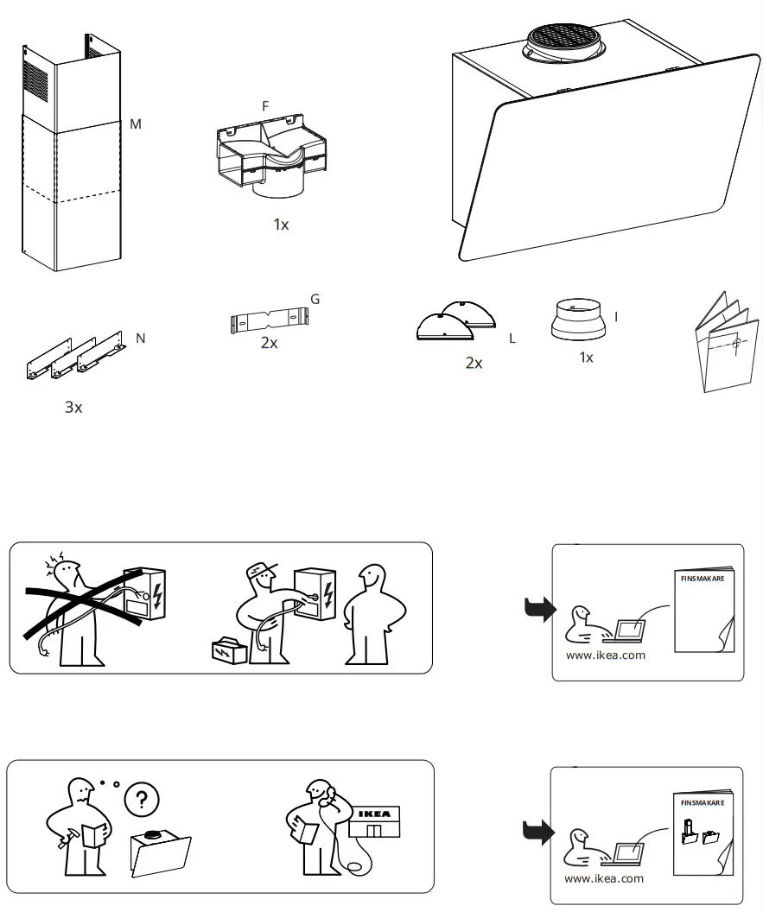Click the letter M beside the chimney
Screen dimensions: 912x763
(x=136, y=124)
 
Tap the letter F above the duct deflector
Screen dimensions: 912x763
(x=265, y=105)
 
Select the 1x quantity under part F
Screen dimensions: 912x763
(x=281, y=225)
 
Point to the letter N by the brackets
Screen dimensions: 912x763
(x=141, y=339)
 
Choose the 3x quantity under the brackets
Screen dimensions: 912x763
(x=73, y=407)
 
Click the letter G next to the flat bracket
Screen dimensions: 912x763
(x=315, y=300)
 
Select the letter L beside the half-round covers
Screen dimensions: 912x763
(x=512, y=339)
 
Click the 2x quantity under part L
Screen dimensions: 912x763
(x=474, y=364)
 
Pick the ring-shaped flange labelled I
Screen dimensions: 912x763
(x=577, y=320)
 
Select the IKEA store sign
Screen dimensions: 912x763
(x=374, y=814)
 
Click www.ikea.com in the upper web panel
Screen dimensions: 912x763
(x=605, y=655)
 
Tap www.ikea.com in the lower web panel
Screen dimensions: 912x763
(x=604, y=878)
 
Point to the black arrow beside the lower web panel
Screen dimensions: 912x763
(x=539, y=833)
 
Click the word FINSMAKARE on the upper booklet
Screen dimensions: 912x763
(x=702, y=579)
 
